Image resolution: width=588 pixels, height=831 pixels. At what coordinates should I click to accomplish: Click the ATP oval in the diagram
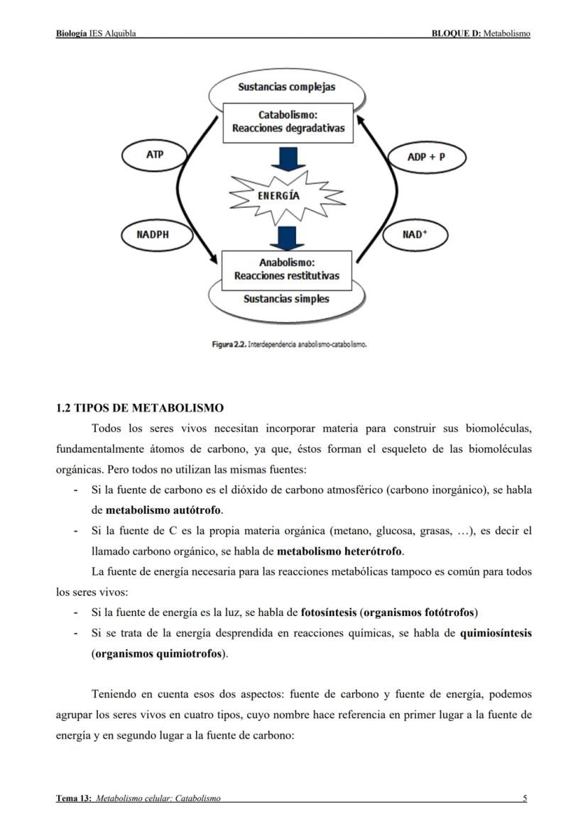tap(155, 155)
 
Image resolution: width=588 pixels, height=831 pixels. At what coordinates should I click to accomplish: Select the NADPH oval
tap(153, 235)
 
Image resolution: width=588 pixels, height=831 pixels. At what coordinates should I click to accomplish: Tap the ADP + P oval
tap(426, 157)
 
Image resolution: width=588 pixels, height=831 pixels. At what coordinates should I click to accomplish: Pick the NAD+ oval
tap(415, 235)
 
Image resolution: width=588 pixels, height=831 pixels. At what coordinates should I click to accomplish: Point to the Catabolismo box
tap(288, 122)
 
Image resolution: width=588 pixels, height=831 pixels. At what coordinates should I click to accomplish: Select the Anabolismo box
tap(287, 269)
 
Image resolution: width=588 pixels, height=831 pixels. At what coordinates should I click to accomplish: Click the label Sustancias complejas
tap(287, 87)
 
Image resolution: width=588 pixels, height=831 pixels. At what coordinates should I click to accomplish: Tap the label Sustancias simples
tap(286, 299)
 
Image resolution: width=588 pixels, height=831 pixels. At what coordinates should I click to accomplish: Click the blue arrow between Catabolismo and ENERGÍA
tap(288, 159)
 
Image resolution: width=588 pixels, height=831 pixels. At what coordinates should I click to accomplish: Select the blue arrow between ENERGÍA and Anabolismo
tap(288, 236)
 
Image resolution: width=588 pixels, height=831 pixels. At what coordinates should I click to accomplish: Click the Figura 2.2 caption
tap(289, 344)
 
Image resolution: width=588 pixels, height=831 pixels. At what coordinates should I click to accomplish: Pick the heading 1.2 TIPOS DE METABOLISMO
tap(140, 408)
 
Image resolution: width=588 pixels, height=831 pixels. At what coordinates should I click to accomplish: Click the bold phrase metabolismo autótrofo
tap(163, 510)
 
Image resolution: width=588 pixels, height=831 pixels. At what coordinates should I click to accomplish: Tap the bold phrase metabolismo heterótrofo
tap(339, 551)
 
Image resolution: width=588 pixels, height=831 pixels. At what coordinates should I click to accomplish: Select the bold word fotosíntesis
tap(329, 612)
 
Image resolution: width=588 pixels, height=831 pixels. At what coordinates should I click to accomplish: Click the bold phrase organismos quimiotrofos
tap(158, 654)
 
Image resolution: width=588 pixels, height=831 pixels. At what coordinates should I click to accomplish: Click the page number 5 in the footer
tap(525, 798)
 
